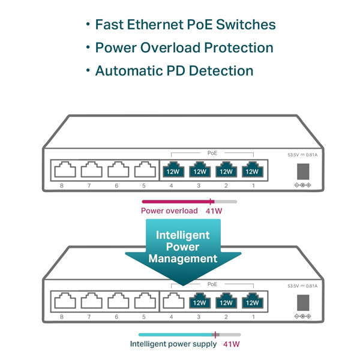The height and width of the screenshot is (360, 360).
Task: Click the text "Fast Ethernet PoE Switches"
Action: (x=185, y=25)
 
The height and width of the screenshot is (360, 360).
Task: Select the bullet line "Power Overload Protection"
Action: (x=184, y=48)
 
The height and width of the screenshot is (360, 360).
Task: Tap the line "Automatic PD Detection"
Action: (x=174, y=71)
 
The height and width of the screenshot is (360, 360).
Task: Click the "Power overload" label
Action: (x=169, y=211)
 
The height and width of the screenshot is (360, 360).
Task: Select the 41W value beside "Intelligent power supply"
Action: (x=232, y=344)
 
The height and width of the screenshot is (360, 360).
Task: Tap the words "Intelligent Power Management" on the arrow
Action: (x=182, y=247)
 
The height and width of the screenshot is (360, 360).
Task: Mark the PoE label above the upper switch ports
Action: (x=212, y=153)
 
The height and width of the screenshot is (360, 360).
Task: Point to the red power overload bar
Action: (x=178, y=202)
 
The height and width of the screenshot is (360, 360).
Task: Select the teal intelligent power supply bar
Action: (x=177, y=335)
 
